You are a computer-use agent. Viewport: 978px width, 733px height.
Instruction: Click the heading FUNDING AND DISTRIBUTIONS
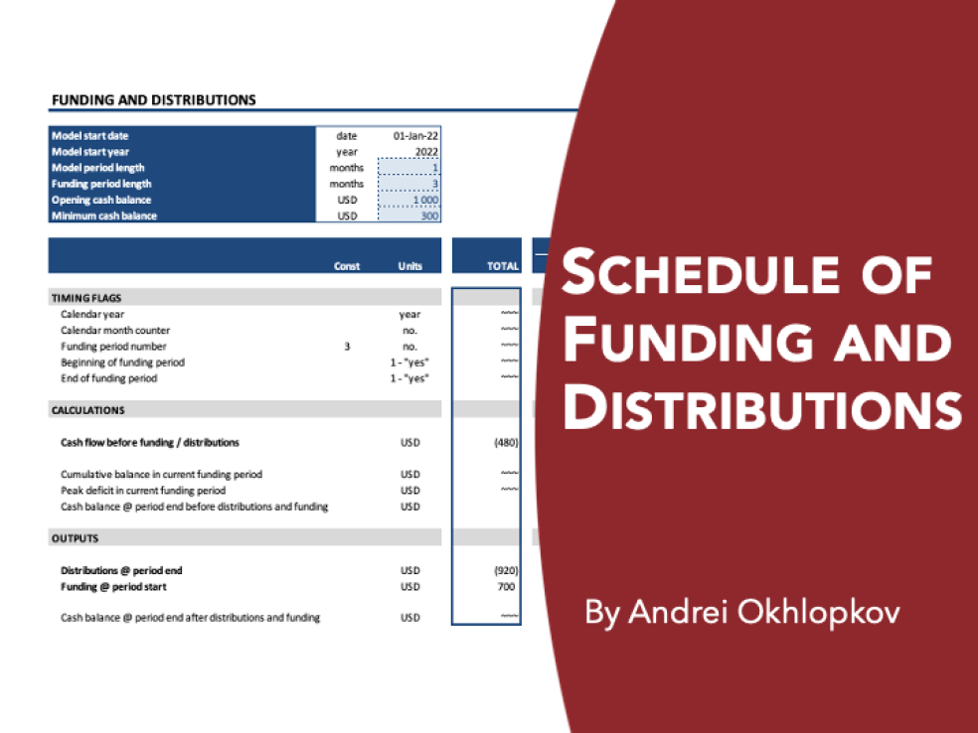153,99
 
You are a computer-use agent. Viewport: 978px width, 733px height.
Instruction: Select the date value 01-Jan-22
415,136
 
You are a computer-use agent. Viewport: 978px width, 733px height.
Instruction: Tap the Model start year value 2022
426,152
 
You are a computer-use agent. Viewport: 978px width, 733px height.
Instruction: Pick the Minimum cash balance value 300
428,216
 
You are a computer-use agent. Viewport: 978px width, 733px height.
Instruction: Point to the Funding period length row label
101,184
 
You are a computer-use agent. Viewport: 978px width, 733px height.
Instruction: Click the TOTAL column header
502,266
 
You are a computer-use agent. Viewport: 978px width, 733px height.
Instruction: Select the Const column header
347,266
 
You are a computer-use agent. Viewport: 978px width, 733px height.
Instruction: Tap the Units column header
409,266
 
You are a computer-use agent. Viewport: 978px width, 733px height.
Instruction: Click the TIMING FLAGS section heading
86,297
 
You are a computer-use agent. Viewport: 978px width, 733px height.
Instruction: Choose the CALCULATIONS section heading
88,410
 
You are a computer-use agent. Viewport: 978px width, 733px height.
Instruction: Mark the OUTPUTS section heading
75,538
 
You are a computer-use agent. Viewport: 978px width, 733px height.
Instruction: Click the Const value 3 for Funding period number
347,347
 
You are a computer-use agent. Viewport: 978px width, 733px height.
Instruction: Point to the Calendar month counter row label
115,331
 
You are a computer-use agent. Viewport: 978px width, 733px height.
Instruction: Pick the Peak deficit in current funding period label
143,491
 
